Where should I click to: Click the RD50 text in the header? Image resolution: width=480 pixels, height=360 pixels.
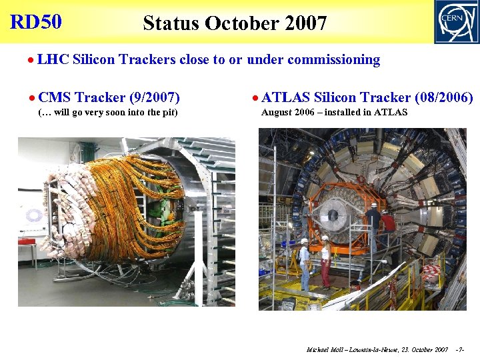[36, 22]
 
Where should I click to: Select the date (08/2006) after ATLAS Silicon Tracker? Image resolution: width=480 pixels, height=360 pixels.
[443, 98]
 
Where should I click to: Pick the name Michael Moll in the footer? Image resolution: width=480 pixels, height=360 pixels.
[325, 349]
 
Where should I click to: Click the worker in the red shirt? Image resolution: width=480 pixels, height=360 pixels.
[388, 227]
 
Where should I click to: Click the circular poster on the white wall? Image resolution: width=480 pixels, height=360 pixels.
[34, 215]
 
